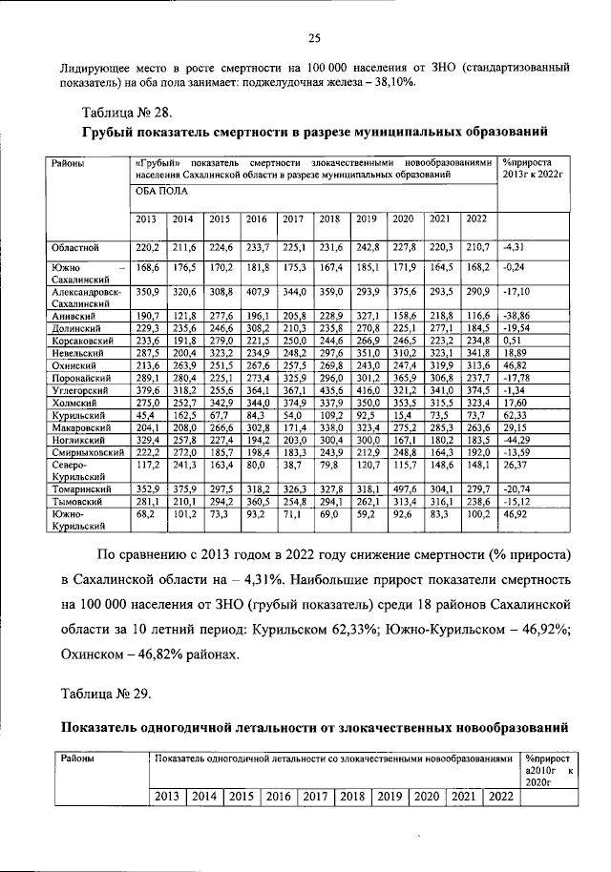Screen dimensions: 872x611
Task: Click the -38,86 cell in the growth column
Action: [x=520, y=315]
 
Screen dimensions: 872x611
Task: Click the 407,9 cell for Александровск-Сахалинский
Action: [x=256, y=291]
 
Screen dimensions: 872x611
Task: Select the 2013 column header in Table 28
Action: [x=147, y=219]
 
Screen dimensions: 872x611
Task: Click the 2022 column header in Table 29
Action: [x=498, y=797]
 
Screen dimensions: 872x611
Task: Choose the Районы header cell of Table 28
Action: [x=69, y=164]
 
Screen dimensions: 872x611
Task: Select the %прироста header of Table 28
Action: [x=535, y=163]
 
